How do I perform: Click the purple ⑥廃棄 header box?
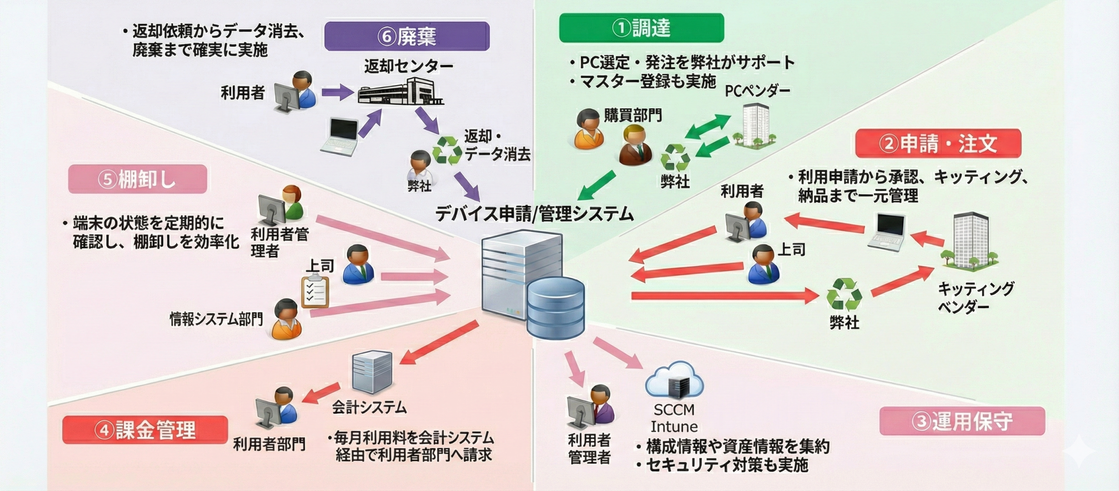(407, 36)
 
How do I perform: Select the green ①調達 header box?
(641, 28)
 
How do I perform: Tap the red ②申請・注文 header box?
(938, 143)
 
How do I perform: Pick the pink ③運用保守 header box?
(962, 421)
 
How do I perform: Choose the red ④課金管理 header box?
(145, 430)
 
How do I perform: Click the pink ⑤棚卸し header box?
(137, 179)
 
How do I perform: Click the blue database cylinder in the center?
(555, 308)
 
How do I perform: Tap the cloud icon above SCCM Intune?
(674, 380)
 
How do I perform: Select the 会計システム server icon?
(372, 372)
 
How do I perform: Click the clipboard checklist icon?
(315, 290)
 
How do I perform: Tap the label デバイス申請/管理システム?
(534, 214)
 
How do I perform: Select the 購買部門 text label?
(632, 115)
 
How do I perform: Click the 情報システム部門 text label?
(216, 319)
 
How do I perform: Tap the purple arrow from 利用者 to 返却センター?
(337, 92)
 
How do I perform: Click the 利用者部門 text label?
(269, 444)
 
